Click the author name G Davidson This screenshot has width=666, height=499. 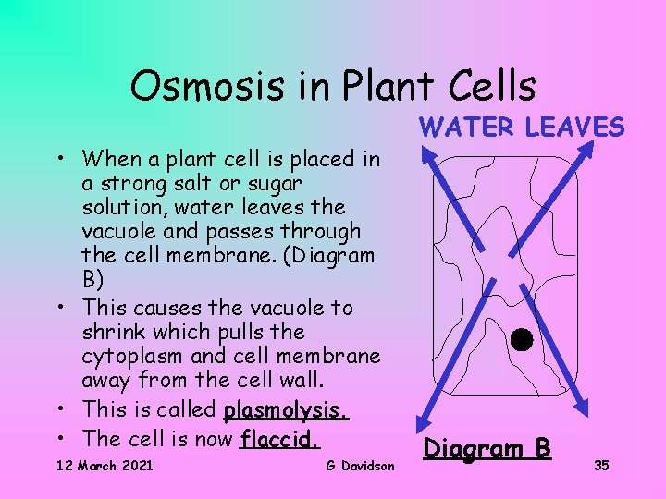tap(360, 465)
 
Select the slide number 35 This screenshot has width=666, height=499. tap(601, 465)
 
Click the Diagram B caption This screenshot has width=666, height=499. tap(487, 449)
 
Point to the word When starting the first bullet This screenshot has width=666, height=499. tap(110, 159)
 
